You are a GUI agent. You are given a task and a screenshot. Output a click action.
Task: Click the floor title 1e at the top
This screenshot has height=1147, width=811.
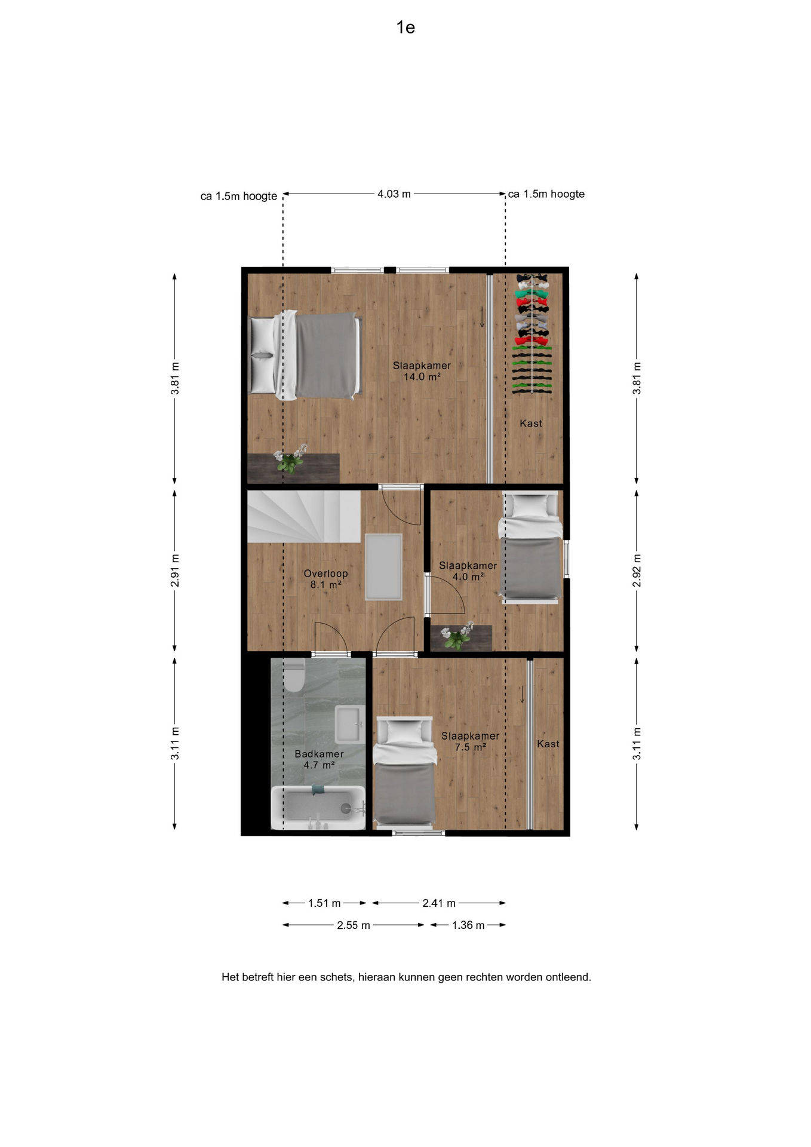[405, 27]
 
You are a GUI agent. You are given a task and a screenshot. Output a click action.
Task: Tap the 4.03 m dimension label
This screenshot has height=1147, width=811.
[394, 194]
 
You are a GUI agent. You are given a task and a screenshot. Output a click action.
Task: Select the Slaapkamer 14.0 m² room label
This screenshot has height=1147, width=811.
[422, 371]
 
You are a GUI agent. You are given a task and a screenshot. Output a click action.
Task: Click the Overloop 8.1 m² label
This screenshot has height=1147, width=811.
[325, 579]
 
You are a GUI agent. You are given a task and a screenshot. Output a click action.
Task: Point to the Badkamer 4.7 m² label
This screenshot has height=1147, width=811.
[319, 759]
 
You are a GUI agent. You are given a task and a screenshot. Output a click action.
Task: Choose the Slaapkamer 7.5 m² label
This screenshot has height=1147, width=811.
[470, 741]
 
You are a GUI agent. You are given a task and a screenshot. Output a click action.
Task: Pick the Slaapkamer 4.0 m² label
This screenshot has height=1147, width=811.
[468, 571]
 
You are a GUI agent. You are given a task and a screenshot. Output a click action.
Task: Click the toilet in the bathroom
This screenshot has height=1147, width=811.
[294, 674]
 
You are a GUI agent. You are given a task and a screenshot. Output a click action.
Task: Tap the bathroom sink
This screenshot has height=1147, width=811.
[350, 724]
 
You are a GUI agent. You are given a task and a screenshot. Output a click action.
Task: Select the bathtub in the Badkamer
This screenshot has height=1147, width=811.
[318, 808]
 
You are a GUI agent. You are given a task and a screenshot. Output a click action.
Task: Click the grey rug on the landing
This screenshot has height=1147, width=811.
[383, 566]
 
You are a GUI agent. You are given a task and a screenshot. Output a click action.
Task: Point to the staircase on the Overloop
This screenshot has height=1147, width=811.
[304, 517]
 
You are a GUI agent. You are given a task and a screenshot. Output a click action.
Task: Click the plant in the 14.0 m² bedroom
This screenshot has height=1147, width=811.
[290, 459]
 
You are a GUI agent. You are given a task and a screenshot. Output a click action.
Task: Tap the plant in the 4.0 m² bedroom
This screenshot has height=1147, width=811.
[457, 636]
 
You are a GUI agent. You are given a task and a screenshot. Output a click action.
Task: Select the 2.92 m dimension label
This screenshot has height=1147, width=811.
[637, 571]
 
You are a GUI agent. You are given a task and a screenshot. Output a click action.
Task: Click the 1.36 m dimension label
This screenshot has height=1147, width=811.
[468, 925]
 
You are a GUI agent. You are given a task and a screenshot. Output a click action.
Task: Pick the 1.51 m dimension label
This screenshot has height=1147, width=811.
[324, 903]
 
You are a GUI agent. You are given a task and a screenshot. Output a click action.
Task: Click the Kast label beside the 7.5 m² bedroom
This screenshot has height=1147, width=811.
[548, 744]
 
